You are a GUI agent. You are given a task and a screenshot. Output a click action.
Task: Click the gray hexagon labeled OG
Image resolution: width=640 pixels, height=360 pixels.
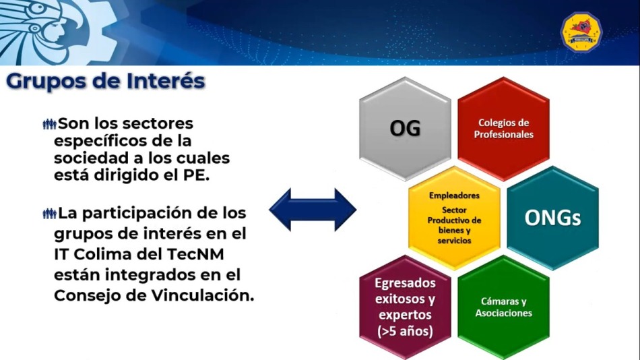[x=405, y=129]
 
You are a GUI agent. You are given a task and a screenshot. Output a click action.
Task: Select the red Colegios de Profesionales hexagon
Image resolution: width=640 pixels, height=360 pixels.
[x=503, y=129]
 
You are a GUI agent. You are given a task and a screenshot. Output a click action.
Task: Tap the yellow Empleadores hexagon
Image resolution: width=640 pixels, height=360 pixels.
[x=454, y=218]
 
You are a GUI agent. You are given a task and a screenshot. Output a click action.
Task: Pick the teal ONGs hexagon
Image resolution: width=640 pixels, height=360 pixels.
[x=552, y=218]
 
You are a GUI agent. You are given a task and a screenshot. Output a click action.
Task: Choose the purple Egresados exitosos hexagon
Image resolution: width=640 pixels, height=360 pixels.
[x=405, y=307]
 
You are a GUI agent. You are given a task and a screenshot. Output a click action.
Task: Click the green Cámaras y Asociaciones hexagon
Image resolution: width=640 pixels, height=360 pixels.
[x=503, y=307]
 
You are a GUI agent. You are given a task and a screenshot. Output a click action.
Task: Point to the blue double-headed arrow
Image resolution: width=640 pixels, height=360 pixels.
[x=312, y=210]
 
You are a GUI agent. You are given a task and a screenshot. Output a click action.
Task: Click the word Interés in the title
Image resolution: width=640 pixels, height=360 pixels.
[x=166, y=80]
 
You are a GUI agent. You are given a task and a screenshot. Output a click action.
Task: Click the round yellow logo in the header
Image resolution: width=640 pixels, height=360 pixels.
[x=581, y=32]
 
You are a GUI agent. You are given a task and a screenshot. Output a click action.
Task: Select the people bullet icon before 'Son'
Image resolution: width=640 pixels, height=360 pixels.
[x=49, y=124]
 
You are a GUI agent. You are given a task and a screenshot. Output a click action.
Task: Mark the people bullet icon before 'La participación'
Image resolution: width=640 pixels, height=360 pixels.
[x=49, y=214]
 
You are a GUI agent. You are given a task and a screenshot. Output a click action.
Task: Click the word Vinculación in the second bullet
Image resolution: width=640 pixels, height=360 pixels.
[x=203, y=295]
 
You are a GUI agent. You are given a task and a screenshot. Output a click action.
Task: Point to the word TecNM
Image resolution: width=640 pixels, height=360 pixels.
[x=196, y=254]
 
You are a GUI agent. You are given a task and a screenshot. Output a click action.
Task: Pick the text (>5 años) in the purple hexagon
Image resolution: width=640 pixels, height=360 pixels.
[x=406, y=331]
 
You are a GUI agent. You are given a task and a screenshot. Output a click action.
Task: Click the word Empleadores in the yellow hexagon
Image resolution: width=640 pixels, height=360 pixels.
[x=454, y=196]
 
